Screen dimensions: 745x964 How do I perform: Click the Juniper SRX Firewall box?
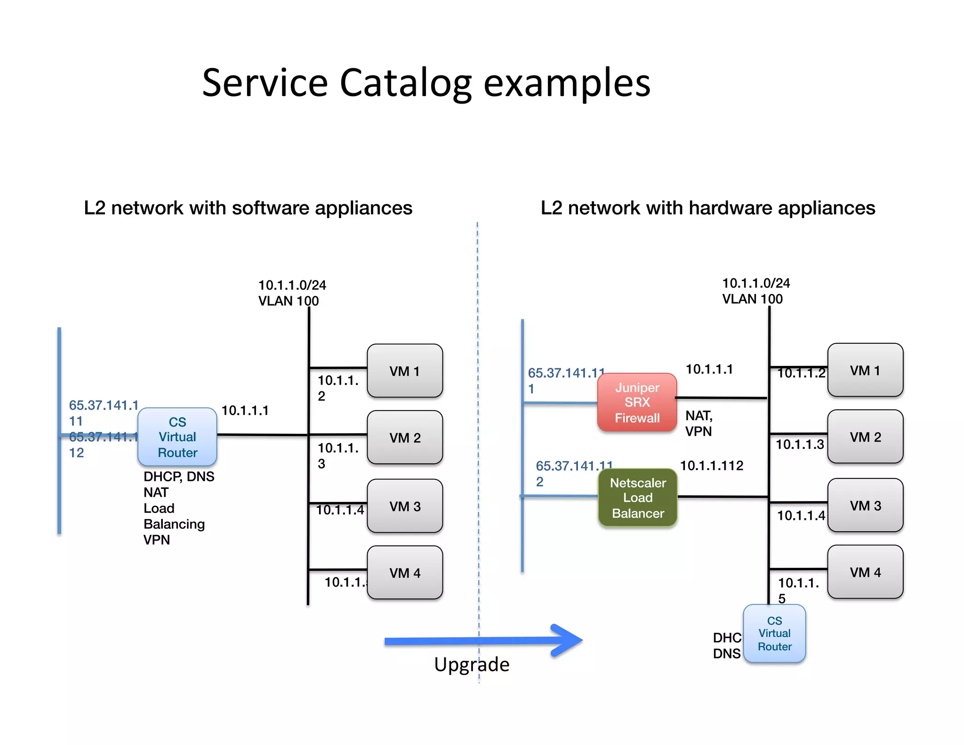point(637,403)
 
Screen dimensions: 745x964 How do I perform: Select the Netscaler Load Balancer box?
point(638,498)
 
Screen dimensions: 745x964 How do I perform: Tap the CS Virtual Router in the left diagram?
point(177,437)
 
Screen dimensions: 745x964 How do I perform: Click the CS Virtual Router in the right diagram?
point(774,633)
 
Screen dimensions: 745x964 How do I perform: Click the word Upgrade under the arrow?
point(472,664)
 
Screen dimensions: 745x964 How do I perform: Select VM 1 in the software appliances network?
point(404,371)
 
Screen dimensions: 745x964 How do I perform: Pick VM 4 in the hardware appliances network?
point(865,572)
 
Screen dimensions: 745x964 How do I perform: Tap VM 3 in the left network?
point(404,506)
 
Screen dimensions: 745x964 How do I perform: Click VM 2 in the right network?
point(865,437)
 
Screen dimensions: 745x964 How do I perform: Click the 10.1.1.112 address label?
point(712,466)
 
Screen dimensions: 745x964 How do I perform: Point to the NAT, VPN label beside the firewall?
point(699,423)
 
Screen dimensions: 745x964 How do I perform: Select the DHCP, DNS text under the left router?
point(179,477)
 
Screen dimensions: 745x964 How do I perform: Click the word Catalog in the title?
point(405,83)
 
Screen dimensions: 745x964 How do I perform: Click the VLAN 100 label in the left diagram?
point(288,301)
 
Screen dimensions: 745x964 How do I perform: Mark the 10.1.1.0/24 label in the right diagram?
point(756,283)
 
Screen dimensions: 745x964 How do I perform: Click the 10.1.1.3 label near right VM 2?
point(799,445)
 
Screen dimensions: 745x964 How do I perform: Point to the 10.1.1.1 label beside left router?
point(245,411)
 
